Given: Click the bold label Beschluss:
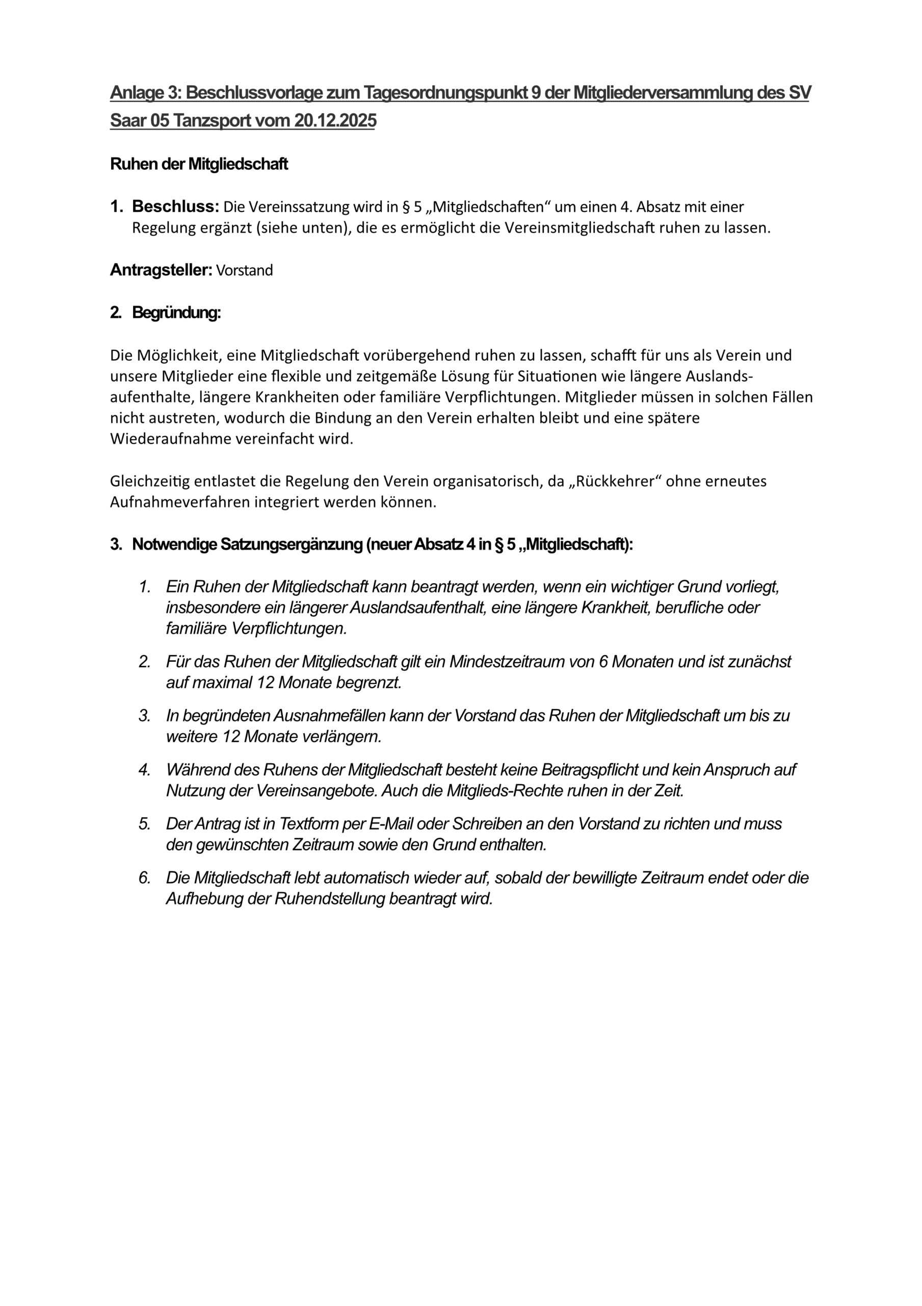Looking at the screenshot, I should coord(176,207).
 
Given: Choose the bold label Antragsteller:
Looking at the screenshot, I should coord(161,270).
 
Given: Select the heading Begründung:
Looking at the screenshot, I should coord(176,313).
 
